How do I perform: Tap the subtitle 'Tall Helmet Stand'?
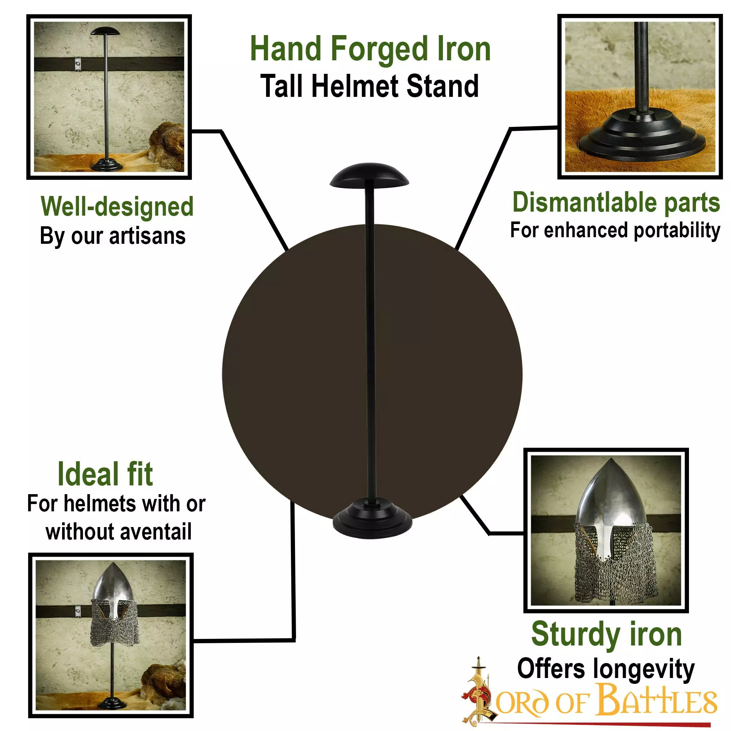(370, 86)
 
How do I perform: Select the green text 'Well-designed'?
(117, 207)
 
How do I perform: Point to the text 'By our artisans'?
(113, 236)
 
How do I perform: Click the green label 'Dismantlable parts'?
(616, 202)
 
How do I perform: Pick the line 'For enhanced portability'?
(615, 230)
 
